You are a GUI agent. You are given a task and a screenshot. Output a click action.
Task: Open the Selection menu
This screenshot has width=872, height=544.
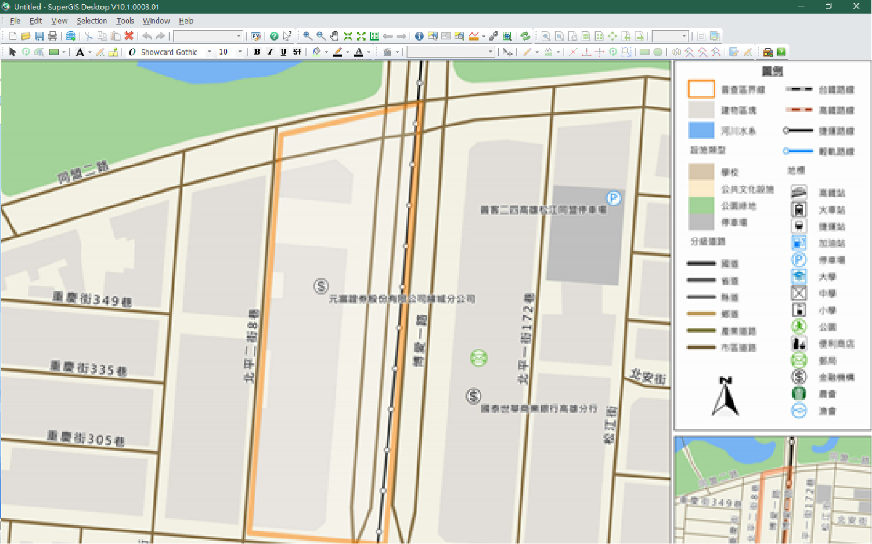[92, 21]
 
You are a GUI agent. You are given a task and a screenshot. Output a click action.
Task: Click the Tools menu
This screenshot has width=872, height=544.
[125, 21]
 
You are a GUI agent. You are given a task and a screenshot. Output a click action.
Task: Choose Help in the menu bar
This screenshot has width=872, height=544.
[186, 21]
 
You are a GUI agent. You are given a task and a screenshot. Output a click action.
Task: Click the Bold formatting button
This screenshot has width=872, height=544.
[257, 52]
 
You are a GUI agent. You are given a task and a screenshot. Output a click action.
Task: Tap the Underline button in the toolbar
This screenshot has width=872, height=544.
[283, 52]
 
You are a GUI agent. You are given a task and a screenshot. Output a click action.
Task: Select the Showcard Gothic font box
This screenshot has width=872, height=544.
[169, 52]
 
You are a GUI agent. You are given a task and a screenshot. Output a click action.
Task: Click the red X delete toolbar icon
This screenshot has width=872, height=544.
[129, 36]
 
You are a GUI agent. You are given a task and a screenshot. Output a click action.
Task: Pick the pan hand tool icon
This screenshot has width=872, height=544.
[334, 36]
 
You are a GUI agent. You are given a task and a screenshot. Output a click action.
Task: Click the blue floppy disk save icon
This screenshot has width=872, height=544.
[39, 36]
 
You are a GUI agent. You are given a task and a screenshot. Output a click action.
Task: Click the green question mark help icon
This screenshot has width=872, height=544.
[274, 36]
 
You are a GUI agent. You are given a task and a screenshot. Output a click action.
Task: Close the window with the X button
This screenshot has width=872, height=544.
[856, 6]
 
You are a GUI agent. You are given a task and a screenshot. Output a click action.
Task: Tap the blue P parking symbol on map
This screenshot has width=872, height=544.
[614, 198]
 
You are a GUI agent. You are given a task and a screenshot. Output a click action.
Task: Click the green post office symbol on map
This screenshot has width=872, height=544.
[478, 358]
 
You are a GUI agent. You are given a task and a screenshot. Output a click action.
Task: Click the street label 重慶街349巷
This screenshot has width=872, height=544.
[92, 299]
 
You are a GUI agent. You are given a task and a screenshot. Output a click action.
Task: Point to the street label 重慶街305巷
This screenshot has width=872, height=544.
[86, 438]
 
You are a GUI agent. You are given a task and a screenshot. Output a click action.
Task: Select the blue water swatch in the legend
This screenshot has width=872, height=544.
[701, 130]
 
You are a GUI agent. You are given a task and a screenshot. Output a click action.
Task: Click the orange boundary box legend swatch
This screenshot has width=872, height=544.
[701, 89]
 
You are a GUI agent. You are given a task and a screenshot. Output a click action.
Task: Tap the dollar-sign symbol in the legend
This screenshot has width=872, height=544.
[799, 377]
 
